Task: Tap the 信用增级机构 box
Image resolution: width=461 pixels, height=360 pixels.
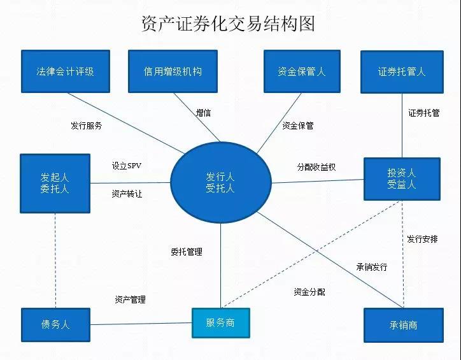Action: tap(173, 71)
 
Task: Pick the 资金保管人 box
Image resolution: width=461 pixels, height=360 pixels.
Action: tap(301, 71)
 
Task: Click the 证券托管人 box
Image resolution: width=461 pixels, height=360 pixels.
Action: tap(401, 71)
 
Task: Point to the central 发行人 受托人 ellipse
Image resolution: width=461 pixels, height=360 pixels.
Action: tap(220, 182)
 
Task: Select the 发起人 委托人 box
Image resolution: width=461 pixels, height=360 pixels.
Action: tap(54, 183)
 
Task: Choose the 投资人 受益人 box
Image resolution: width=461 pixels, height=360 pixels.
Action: tap(402, 179)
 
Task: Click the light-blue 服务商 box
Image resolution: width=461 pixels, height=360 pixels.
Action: tap(220, 323)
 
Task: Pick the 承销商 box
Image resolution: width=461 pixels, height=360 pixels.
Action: tap(403, 325)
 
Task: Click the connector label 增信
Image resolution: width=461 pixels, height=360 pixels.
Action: tap(203, 113)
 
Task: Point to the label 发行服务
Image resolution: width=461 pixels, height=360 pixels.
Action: tap(87, 126)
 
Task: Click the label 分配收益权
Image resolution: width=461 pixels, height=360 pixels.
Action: tap(316, 167)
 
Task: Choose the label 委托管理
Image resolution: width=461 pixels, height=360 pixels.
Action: tap(187, 252)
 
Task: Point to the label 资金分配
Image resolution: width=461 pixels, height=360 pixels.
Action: tap(309, 292)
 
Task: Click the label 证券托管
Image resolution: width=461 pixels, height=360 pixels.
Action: tap(423, 113)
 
